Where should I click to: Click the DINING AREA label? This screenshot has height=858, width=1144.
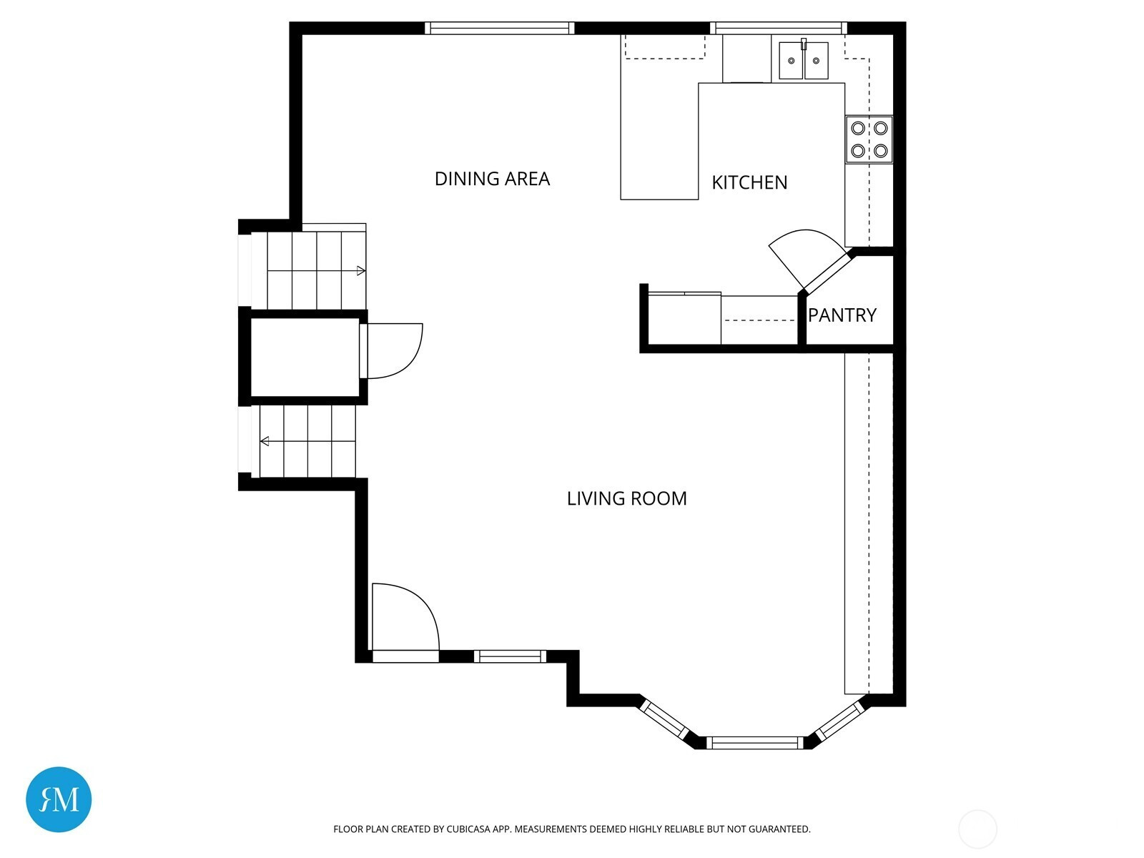(x=492, y=179)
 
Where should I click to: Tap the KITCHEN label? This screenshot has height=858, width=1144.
(x=749, y=182)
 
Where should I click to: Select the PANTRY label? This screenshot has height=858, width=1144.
(x=842, y=315)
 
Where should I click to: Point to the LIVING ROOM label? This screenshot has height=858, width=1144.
(x=627, y=498)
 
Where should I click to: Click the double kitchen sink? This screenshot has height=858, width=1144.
(x=804, y=60)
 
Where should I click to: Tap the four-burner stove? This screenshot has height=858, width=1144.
(x=869, y=139)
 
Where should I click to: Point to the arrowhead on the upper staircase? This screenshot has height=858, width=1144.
(x=360, y=271)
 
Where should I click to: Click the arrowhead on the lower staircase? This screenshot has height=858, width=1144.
(x=265, y=441)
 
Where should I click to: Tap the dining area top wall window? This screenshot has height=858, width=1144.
(x=499, y=28)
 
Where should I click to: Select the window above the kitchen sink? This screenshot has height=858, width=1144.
(x=779, y=28)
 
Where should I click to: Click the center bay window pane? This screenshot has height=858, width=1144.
(x=755, y=742)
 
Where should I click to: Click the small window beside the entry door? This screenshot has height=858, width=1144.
(x=510, y=656)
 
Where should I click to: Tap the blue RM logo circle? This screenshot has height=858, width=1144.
(x=59, y=799)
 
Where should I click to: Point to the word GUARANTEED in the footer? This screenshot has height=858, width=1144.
(x=779, y=829)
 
